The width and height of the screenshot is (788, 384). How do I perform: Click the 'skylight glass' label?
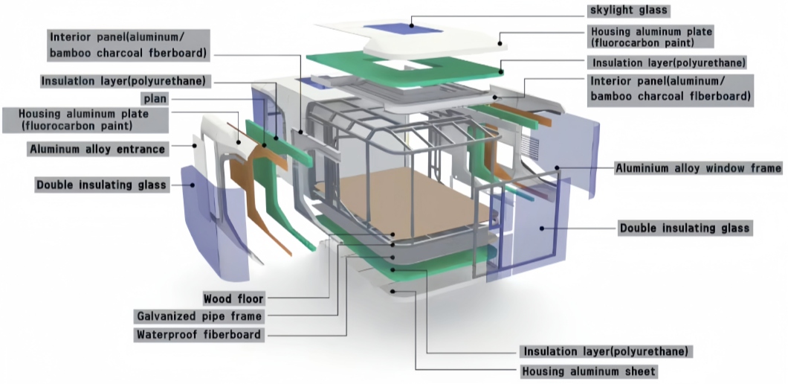pos(629,10)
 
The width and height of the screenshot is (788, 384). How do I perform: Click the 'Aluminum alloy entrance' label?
pos(97,149)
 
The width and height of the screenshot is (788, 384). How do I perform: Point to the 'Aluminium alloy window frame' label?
pos(698,168)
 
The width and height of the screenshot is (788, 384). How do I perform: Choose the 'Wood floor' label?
pos(234,299)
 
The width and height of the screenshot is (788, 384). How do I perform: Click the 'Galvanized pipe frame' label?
pos(198,317)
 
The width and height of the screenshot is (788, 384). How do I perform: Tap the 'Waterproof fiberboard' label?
pos(198,335)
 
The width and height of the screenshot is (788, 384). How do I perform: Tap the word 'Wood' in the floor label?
pos(219,299)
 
